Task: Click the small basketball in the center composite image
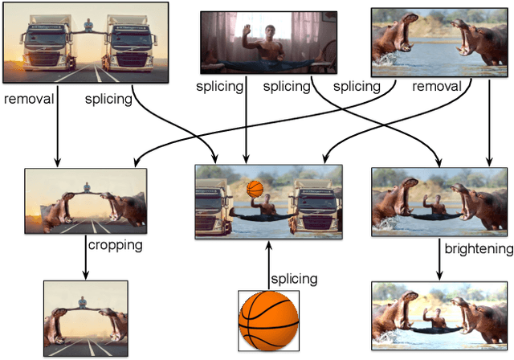point(255,190)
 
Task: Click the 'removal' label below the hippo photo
point(437,86)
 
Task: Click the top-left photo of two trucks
point(84,43)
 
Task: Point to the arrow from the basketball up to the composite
point(268,265)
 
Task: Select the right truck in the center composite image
point(313,202)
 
